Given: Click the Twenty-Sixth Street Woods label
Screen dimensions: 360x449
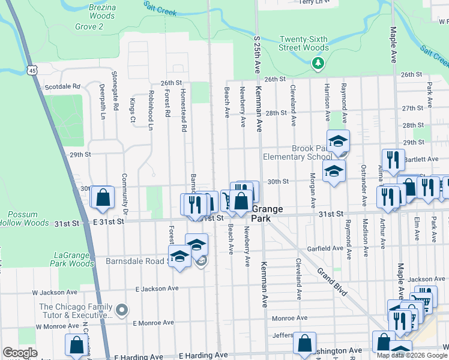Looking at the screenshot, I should click(303, 44).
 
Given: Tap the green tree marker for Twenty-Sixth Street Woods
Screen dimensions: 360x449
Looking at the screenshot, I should click(317, 62).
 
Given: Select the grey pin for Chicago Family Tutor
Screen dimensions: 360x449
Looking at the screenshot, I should click(122, 310).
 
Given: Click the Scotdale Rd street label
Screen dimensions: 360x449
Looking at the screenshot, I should click(62, 86).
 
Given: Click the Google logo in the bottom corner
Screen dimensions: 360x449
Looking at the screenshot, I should click(20, 352).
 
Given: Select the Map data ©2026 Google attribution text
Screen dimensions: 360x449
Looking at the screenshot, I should click(412, 355).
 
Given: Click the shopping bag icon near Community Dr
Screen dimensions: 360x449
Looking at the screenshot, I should click(103, 197).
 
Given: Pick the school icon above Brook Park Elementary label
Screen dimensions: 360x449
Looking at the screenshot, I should click(338, 141).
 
